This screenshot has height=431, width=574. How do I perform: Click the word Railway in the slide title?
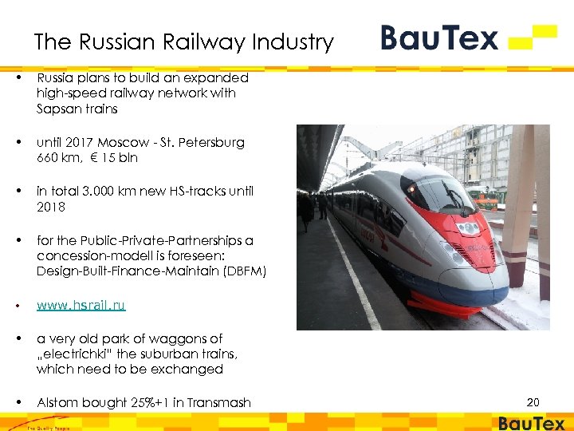(x=194, y=42)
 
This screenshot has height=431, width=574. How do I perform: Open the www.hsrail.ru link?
(x=81, y=305)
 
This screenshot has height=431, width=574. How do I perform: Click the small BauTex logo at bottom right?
(x=532, y=424)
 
